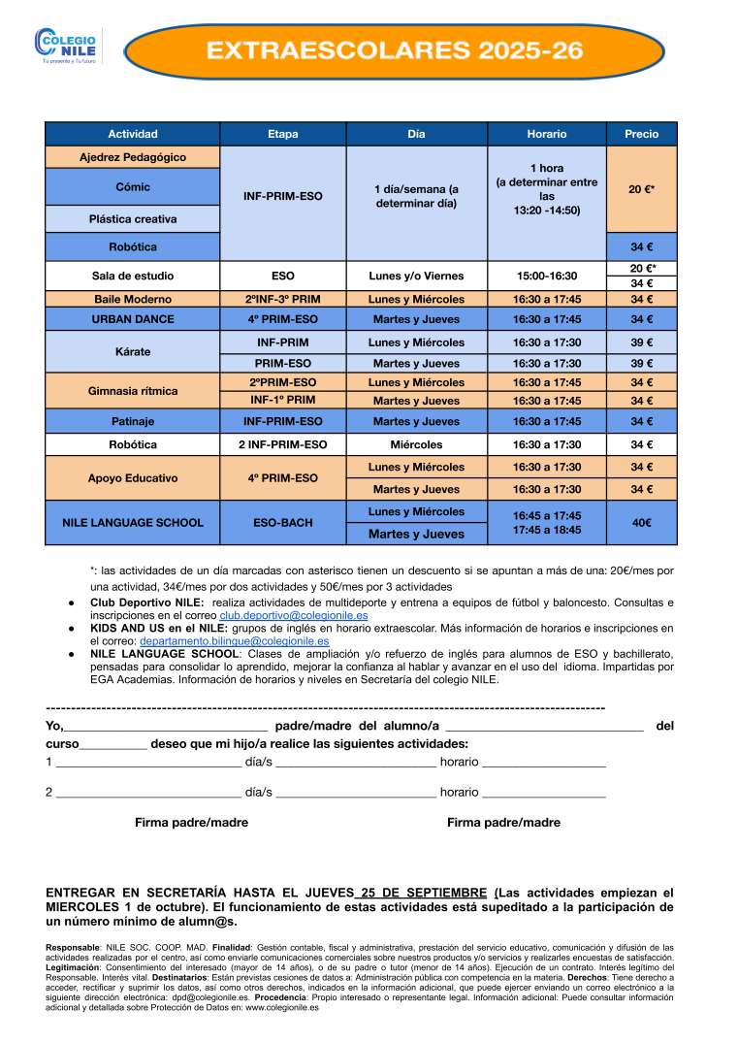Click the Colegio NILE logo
tap(67, 44)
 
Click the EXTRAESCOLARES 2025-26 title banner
tap(396, 51)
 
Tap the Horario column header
tap(546, 134)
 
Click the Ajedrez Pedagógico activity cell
tap(133, 157)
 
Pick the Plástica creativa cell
tap(133, 219)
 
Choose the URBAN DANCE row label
tap(133, 319)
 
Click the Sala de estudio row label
tap(133, 276)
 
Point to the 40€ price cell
tap(641, 523)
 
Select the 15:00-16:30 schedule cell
tap(546, 276)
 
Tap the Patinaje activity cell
tap(133, 421)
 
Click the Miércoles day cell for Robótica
tap(416, 444)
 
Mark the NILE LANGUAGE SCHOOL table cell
tap(133, 523)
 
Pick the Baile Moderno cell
tap(133, 299)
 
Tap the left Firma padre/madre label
tap(191, 822)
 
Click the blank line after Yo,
tap(166, 726)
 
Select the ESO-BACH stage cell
tap(283, 523)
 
